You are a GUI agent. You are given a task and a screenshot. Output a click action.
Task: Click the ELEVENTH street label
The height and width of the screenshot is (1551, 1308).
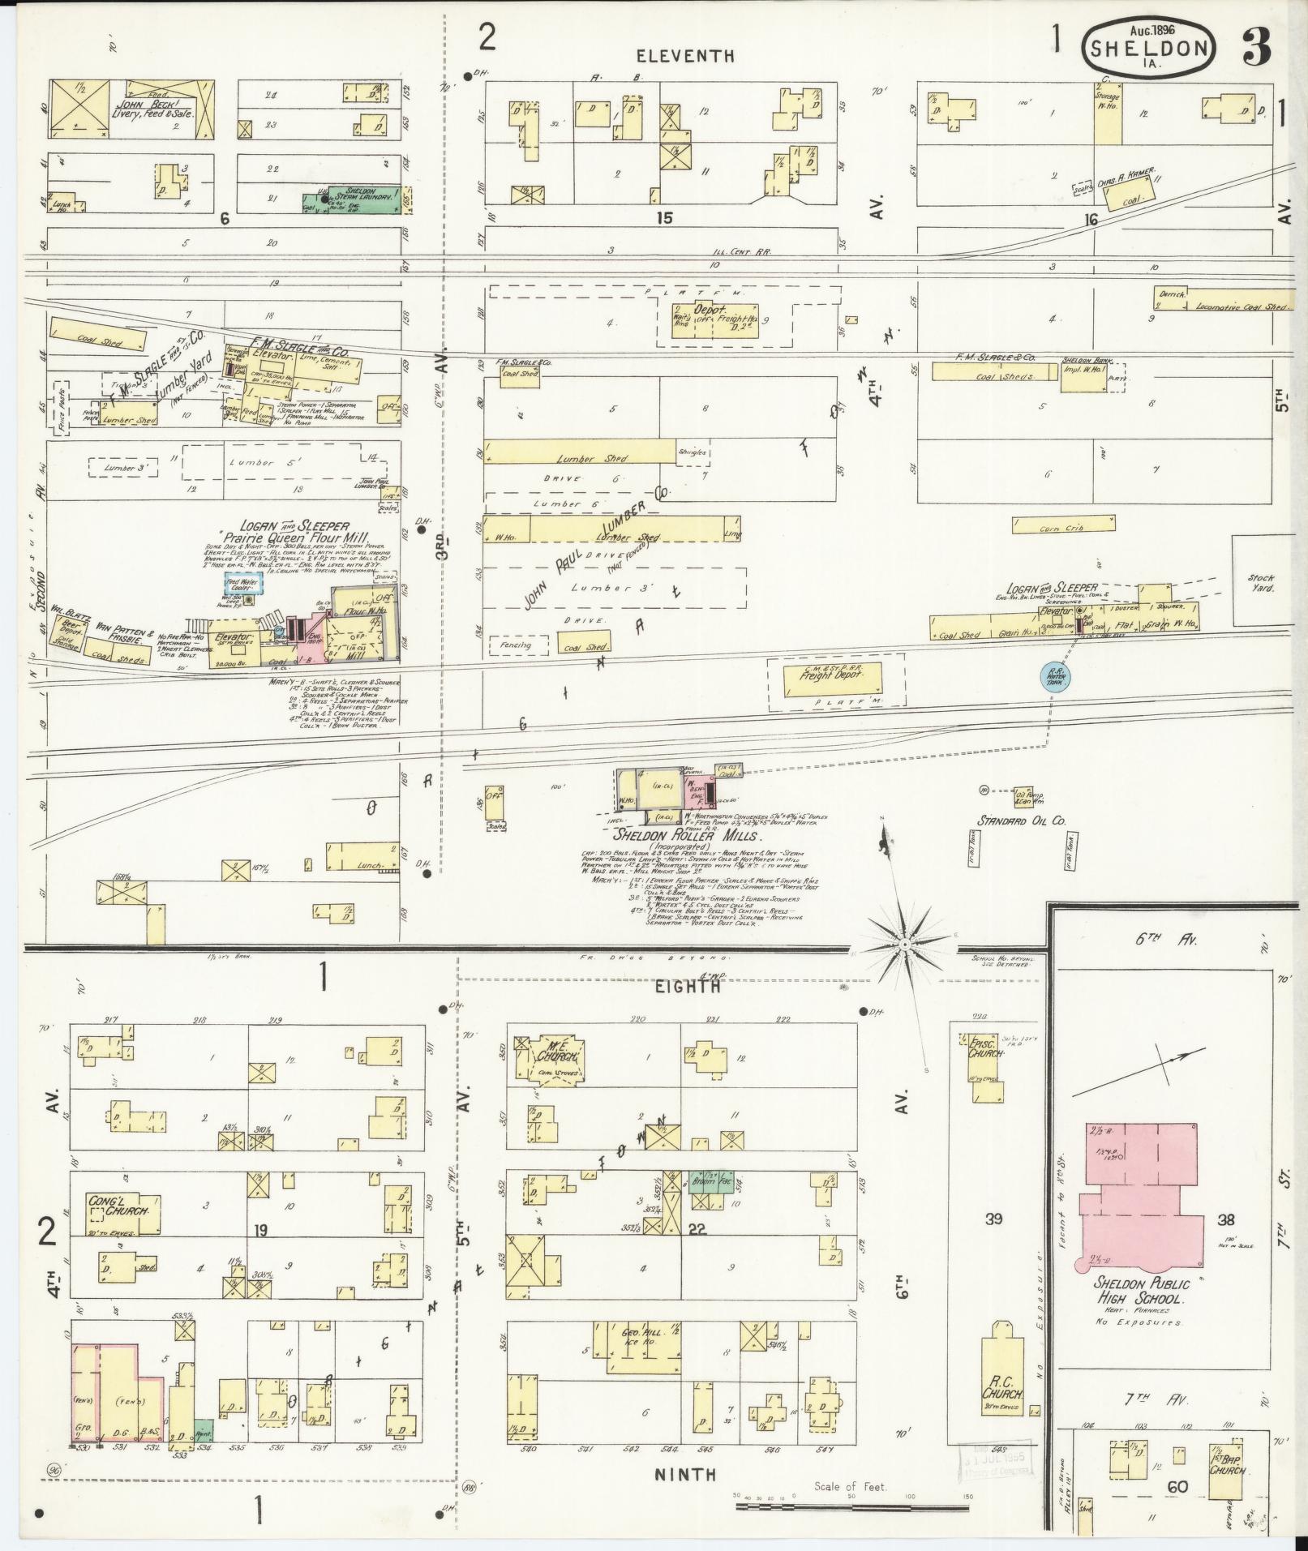[x=685, y=56]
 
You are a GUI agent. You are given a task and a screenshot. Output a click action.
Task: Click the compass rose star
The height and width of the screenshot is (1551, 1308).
[x=902, y=945]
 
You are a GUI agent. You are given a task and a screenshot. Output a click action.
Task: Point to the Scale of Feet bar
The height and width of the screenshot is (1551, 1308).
[x=851, y=1506]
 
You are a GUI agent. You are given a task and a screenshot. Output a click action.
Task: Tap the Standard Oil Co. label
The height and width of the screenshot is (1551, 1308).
[x=1020, y=820]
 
